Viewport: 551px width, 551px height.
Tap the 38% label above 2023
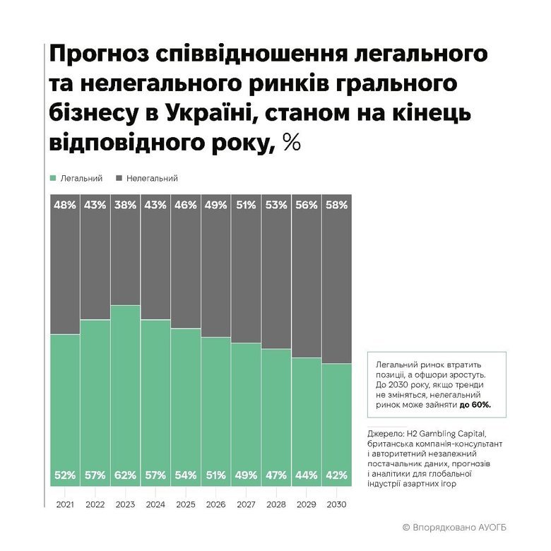[x=125, y=205]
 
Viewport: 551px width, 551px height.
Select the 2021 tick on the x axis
[x=64, y=505]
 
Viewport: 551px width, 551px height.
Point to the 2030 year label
[x=336, y=505]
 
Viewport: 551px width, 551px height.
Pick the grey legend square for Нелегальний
[x=119, y=179]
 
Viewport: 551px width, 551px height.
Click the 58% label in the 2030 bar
[x=336, y=205]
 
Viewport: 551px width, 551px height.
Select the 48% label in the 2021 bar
[x=64, y=205]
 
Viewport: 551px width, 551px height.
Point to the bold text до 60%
[x=475, y=405]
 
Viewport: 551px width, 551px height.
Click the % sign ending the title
[x=291, y=143]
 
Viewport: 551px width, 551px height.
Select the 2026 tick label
[x=215, y=505]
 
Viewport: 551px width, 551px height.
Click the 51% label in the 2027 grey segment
[x=246, y=205]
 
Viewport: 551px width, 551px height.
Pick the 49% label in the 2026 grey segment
[x=215, y=205]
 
